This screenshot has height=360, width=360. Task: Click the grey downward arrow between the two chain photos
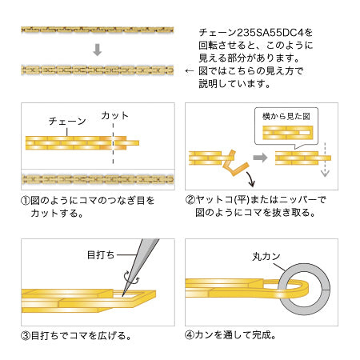coord(98,50)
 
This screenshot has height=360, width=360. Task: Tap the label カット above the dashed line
coord(114,115)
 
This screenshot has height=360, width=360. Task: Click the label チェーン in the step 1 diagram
coord(67,122)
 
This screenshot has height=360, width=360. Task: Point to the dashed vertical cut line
coord(113,143)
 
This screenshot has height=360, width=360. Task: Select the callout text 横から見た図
coord(286,116)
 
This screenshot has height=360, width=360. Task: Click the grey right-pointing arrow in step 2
coord(260,158)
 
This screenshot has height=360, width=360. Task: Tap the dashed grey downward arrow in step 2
coord(325,159)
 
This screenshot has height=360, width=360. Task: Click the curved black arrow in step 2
coord(250,179)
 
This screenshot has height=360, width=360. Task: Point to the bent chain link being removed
coord(234,163)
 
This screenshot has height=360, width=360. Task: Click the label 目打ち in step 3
coord(101,255)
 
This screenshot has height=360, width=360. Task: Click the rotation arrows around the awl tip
coord(131,278)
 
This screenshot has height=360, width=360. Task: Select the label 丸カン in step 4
coord(266,257)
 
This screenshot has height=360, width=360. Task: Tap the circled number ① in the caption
coord(26,201)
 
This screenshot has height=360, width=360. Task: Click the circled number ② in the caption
coord(190,200)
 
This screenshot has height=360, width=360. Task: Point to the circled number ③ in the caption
coord(26,336)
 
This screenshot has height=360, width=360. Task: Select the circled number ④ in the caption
coord(190,335)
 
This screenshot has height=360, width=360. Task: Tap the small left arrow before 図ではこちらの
coord(190,71)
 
